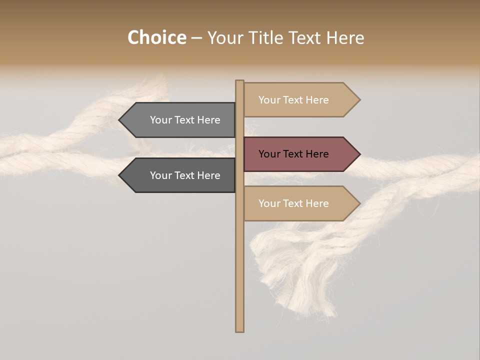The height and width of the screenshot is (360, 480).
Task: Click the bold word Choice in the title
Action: [156, 37]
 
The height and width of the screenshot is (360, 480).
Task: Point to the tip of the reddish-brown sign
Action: [359, 154]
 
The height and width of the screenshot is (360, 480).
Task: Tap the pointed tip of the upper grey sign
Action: [120, 120]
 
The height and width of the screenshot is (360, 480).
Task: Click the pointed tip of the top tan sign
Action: [359, 100]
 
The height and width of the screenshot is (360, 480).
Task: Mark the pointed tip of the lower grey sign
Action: [120, 175]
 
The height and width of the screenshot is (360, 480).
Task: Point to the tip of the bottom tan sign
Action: [359, 203]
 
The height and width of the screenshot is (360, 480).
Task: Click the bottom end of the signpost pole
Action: [239, 330]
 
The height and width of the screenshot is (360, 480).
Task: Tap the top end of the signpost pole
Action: [239, 82]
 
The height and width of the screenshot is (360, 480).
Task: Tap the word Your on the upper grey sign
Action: [160, 120]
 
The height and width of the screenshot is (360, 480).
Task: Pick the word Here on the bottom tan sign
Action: [317, 203]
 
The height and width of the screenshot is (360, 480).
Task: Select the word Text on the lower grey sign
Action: [185, 175]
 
